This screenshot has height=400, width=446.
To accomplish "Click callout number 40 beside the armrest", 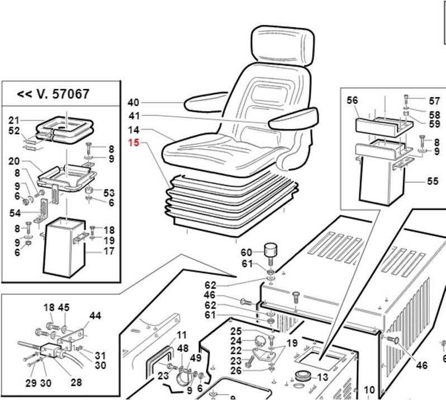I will pyautogui.click(x=132, y=103).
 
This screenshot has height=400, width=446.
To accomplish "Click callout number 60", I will pyautogui.click(x=246, y=252).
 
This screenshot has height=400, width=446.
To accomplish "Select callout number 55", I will pyautogui.click(x=417, y=181).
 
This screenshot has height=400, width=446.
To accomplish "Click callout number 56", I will pyautogui.click(x=352, y=101).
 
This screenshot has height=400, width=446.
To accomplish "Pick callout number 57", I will pyautogui.click(x=434, y=101).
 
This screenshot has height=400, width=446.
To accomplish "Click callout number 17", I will pyautogui.click(x=109, y=251).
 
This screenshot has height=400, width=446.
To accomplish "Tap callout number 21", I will pyautogui.click(x=15, y=120).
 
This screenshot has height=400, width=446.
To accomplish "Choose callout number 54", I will pyautogui.click(x=15, y=213).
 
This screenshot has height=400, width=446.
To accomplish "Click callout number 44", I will pyautogui.click(x=96, y=316).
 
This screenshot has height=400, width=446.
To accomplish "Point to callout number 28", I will pyautogui.click(x=77, y=383).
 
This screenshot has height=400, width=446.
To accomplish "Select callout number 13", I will pyautogui.click(x=322, y=377).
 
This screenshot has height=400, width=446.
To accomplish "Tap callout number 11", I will pyautogui.click(x=182, y=335).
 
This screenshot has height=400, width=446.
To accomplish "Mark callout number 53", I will pyautogui.click(x=108, y=193).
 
